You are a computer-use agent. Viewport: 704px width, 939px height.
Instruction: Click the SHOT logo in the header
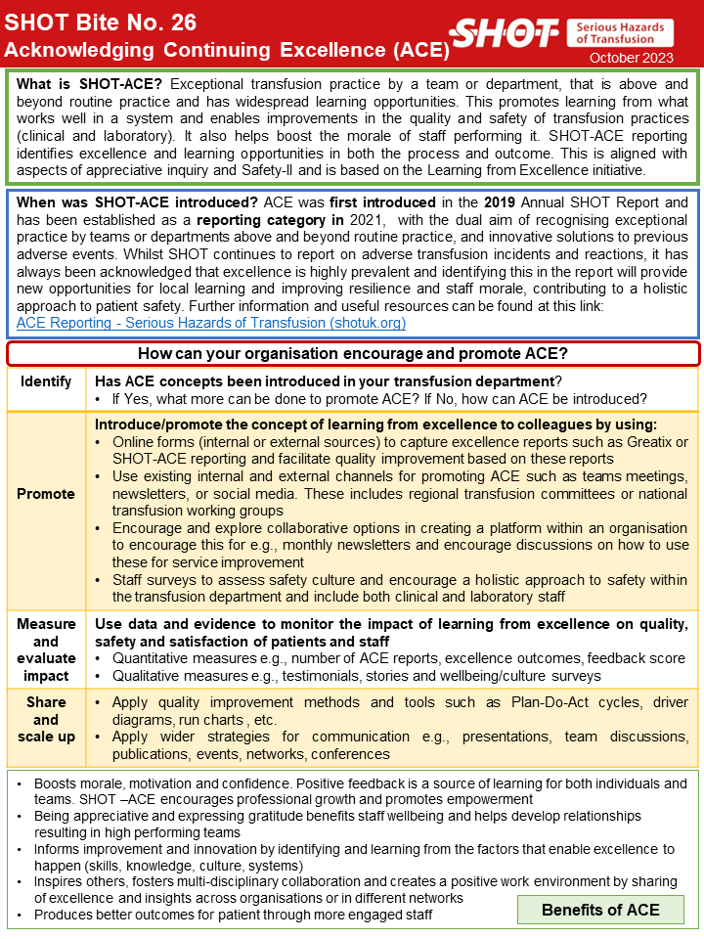[x=508, y=33]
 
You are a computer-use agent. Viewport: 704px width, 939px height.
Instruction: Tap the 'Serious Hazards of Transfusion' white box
[x=620, y=33]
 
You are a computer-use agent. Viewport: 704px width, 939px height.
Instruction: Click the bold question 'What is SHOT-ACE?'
[x=91, y=85]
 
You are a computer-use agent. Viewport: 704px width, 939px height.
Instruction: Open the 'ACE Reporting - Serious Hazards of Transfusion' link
[x=211, y=323]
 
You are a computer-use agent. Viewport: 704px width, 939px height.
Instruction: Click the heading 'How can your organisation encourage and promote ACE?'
[x=352, y=353]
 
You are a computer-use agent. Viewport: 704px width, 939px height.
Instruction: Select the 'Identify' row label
[x=46, y=381]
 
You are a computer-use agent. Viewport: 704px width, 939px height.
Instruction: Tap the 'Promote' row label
[x=46, y=494]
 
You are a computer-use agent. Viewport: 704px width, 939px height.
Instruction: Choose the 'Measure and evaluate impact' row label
[x=46, y=649]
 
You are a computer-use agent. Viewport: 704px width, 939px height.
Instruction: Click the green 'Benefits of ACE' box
[x=600, y=910]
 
